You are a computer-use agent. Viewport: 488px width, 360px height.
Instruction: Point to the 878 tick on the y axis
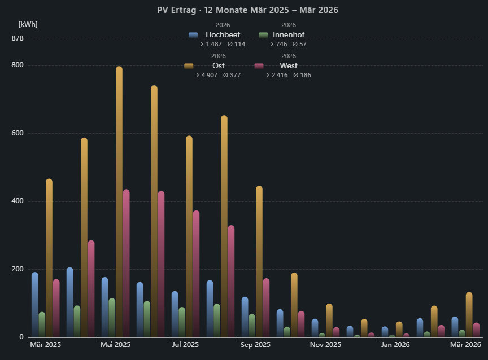[x=17, y=38]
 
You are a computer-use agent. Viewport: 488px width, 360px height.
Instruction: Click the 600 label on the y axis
[x=17, y=133]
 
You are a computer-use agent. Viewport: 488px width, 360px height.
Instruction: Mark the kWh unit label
[x=28, y=24]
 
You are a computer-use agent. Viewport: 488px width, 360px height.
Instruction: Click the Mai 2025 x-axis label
[x=115, y=344]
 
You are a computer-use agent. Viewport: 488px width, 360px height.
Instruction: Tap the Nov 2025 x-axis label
[x=325, y=344]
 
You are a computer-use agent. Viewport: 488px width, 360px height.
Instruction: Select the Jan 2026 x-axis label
[x=395, y=344]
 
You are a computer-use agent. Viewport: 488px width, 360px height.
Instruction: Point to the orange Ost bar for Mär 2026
[x=469, y=314]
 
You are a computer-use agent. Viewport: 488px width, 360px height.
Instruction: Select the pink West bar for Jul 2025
[x=196, y=274]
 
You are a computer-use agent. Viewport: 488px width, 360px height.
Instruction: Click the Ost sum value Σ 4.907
[x=206, y=75]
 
